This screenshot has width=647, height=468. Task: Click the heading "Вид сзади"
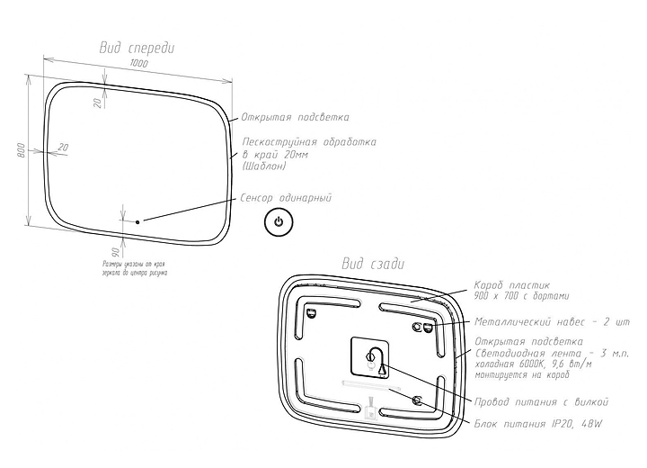pos(373,264)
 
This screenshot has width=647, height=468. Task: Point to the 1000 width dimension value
pos(138,65)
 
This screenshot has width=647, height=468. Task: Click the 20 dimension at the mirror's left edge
pos(63,147)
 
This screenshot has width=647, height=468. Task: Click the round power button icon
pos(278,221)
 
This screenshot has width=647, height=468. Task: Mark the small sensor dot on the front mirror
pos(137,220)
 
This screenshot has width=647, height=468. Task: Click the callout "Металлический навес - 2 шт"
pos(553,321)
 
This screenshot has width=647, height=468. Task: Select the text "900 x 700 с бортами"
pos(522,295)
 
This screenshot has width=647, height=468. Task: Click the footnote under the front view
pos(136,267)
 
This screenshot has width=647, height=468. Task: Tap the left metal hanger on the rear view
pos(311,313)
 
